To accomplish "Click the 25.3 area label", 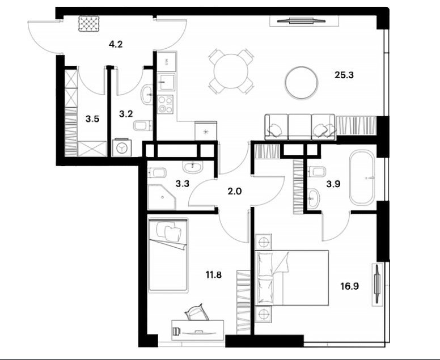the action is [x=344, y=75].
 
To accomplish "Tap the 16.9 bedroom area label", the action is [x=350, y=286].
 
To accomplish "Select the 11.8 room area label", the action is [x=214, y=275].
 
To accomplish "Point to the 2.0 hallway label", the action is [x=235, y=192].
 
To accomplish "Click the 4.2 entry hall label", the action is [x=116, y=44].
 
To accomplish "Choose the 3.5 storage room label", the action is [x=92, y=119].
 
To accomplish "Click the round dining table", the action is [x=231, y=71].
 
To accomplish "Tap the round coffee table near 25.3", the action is [x=302, y=83].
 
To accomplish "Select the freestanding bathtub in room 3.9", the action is [x=362, y=178].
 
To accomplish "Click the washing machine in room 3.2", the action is [x=122, y=147].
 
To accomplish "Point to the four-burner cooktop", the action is [x=165, y=104].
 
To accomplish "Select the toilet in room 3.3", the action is [x=157, y=172].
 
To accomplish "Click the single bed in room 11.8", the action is [x=168, y=255].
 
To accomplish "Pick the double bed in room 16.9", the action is [x=292, y=278].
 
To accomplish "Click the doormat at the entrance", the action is [x=88, y=24].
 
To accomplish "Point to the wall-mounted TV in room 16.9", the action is [x=378, y=283].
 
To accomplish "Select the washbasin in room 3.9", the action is [x=313, y=198].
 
